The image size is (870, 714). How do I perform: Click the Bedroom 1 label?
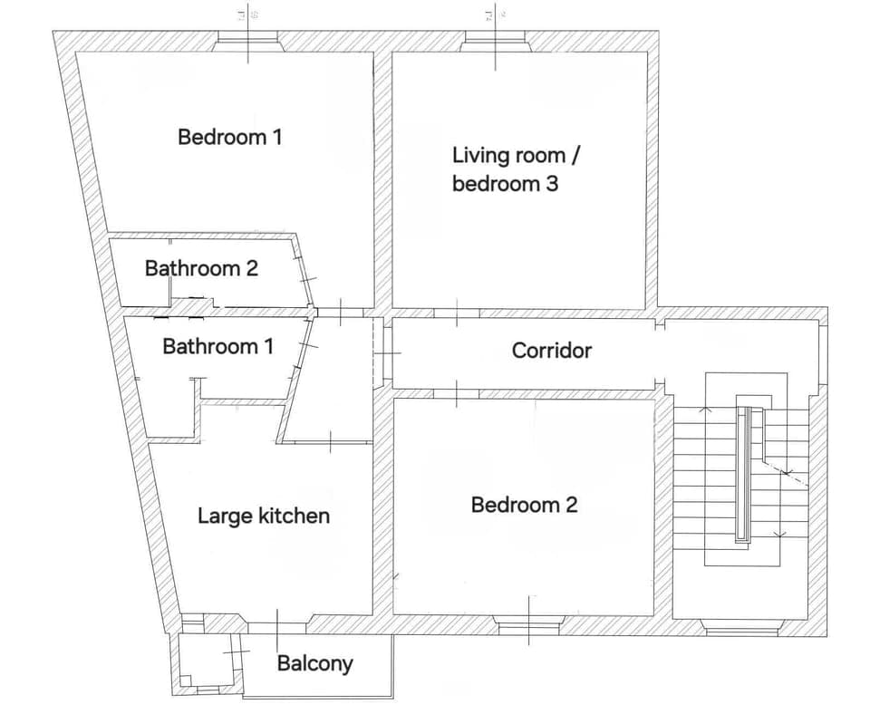[x=230, y=137]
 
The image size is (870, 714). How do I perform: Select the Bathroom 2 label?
[x=201, y=268]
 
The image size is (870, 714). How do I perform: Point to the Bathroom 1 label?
[x=217, y=346]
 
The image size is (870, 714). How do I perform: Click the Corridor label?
[x=551, y=350]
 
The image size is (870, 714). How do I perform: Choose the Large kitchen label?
[x=264, y=516]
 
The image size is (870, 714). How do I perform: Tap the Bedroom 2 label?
[x=524, y=505]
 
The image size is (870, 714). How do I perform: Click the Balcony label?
[x=314, y=663]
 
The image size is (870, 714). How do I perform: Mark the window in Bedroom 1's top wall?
[x=248, y=41]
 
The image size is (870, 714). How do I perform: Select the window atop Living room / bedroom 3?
[x=496, y=41]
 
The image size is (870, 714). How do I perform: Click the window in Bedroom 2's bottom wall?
[x=529, y=625]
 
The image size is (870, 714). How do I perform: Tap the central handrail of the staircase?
[x=743, y=473]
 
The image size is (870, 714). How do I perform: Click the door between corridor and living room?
[x=456, y=313]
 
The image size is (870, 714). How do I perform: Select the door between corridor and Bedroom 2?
[x=456, y=392]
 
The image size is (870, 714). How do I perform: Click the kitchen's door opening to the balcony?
[x=277, y=624]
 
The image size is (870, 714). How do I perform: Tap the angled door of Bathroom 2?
[x=305, y=273]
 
